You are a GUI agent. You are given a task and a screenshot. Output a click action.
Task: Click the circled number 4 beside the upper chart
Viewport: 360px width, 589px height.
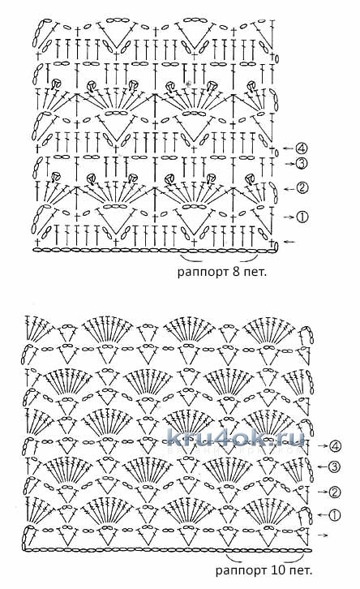pyautogui.click(x=302, y=148)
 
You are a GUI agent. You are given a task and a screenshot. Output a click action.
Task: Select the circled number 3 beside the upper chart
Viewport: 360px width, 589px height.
pyautogui.click(x=302, y=163)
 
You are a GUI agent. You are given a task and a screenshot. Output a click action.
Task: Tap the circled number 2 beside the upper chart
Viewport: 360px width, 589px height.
pyautogui.click(x=302, y=188)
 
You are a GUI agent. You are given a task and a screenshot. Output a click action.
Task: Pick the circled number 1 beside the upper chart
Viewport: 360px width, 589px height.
pyautogui.click(x=302, y=217)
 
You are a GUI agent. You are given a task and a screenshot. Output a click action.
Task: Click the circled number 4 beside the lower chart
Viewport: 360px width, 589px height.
pyautogui.click(x=335, y=446)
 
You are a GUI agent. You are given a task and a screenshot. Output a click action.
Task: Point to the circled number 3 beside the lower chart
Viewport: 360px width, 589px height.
pyautogui.click(x=335, y=467)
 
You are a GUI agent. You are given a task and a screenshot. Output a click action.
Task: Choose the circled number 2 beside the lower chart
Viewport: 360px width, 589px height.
pyautogui.click(x=335, y=492)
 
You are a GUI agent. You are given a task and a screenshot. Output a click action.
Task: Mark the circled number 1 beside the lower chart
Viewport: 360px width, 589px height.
pyautogui.click(x=335, y=514)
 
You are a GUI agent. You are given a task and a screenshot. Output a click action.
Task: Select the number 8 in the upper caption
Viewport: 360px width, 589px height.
pyautogui.click(x=236, y=271)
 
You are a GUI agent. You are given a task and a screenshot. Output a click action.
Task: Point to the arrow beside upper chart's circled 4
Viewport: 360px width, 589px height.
pyautogui.click(x=288, y=148)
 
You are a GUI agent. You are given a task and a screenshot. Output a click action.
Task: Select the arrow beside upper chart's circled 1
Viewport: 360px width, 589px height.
pyautogui.click(x=289, y=217)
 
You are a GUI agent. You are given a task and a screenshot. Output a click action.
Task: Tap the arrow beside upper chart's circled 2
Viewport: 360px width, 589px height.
pyautogui.click(x=289, y=188)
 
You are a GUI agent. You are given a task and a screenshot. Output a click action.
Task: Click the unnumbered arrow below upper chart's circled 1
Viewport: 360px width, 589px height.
pyautogui.click(x=289, y=242)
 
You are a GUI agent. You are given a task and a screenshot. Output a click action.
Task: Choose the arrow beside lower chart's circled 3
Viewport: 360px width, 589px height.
pyautogui.click(x=322, y=467)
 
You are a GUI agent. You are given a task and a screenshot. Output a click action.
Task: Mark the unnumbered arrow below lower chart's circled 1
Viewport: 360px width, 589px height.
pyautogui.click(x=322, y=535)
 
